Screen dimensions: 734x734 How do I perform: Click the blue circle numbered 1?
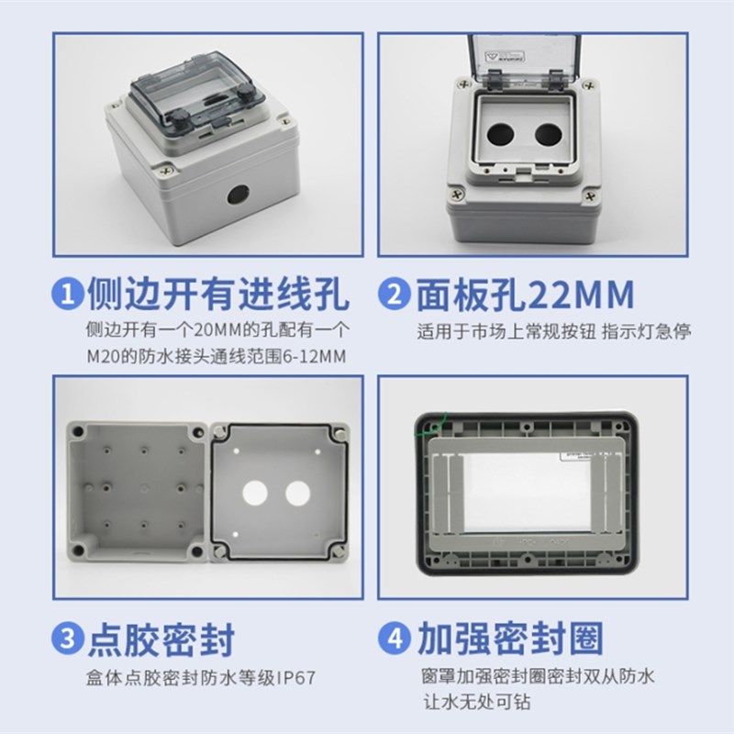(70, 295)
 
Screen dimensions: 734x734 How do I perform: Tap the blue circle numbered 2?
(395, 295)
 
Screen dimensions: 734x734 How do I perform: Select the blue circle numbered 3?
(70, 640)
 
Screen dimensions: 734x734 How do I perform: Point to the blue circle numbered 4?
(395, 640)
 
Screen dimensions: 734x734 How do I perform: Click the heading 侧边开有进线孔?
(217, 295)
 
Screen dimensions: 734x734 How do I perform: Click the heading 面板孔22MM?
(525, 295)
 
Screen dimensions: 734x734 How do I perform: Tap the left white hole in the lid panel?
(253, 493)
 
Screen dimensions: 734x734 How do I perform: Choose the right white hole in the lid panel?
(295, 493)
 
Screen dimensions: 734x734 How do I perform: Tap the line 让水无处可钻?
(473, 704)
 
